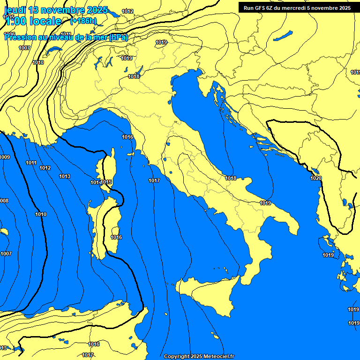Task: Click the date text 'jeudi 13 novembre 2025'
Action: click(x=56, y=10)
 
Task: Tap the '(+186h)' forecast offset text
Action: click(x=83, y=21)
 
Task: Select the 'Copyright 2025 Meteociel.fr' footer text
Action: click(x=199, y=356)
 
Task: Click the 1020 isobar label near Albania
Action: click(x=316, y=178)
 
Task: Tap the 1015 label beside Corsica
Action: click(x=106, y=182)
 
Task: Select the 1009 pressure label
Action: click(x=5, y=157)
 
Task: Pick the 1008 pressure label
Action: click(x=4, y=201)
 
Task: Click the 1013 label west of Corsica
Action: click(x=65, y=176)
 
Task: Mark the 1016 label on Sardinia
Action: click(x=116, y=237)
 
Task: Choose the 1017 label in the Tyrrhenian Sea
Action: click(x=154, y=180)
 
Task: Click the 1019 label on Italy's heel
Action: click(x=265, y=203)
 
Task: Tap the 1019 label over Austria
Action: click(x=161, y=42)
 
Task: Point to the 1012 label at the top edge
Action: click(x=127, y=11)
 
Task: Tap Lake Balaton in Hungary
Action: click(x=283, y=36)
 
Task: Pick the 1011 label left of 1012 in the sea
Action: click(x=31, y=163)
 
